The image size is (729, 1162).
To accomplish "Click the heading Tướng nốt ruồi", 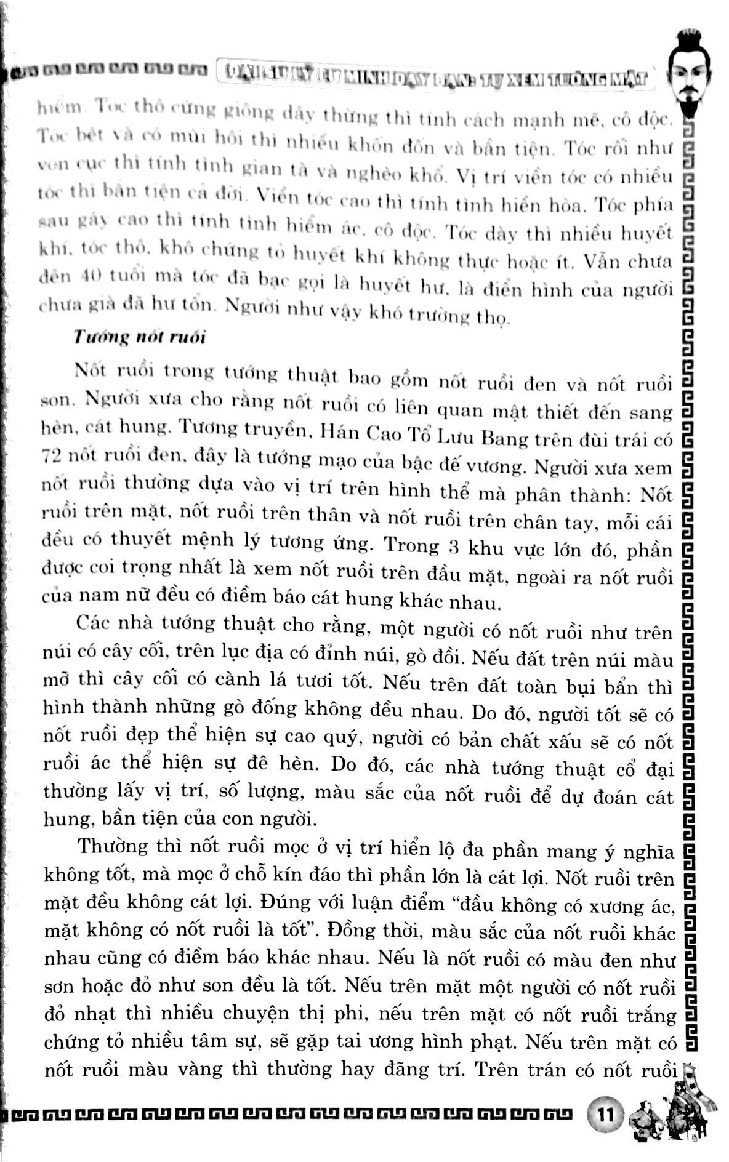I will tap(139, 338).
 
